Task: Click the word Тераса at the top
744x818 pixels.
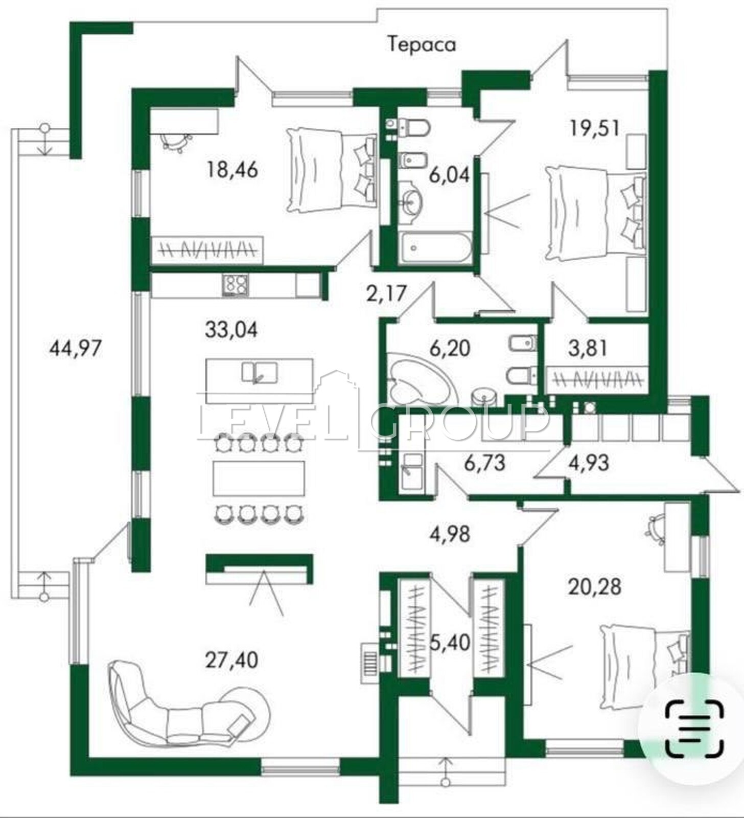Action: [422, 44]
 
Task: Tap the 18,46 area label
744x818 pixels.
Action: [232, 169]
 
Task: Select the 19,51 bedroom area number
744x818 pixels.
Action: [595, 128]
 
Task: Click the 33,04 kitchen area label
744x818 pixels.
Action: [231, 329]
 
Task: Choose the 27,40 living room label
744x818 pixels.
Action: [231, 660]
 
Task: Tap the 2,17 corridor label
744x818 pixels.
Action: [386, 293]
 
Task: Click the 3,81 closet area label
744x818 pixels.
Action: [588, 349]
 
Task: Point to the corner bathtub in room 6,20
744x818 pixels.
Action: [417, 378]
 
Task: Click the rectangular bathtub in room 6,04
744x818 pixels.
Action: [434, 249]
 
